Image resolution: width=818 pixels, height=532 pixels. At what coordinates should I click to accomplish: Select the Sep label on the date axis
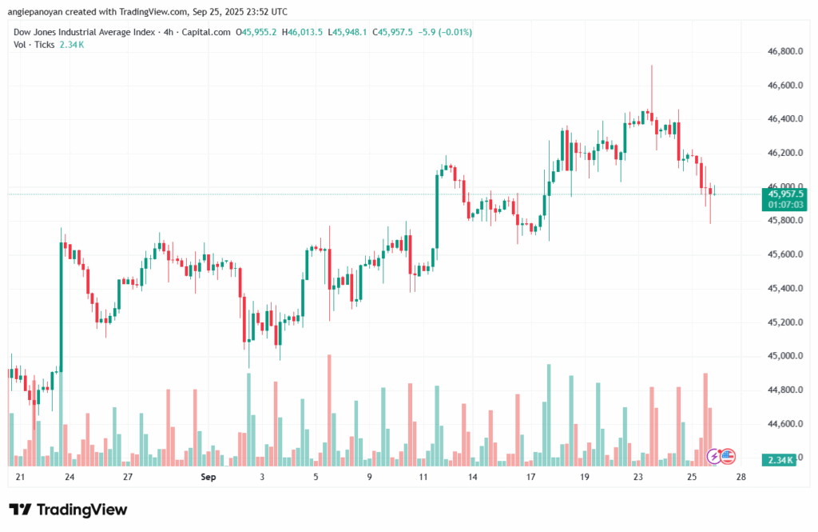[208, 478]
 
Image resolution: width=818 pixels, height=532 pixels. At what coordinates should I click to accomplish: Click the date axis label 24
[70, 478]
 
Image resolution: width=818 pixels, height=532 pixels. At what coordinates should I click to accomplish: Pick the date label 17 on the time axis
[530, 478]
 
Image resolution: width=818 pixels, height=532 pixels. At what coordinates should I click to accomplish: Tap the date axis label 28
[741, 478]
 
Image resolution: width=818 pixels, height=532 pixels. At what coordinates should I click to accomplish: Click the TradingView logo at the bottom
[68, 510]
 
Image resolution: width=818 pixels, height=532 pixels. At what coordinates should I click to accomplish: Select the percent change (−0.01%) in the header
[453, 32]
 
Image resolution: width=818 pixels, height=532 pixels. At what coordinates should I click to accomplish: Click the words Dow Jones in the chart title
[40, 32]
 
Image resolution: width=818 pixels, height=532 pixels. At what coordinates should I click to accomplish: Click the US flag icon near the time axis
[727, 457]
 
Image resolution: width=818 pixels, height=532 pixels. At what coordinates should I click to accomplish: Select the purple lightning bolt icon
[713, 457]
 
